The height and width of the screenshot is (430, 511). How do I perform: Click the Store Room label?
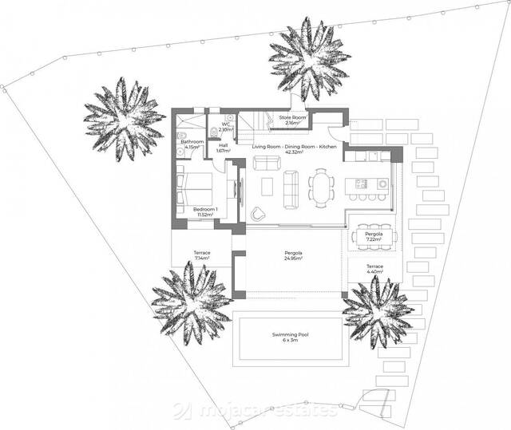coord(288,120)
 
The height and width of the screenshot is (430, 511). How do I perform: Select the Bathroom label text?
coord(192,144)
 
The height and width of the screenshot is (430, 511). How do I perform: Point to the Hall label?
coord(223,148)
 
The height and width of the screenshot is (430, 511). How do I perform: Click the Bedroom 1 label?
coord(205,212)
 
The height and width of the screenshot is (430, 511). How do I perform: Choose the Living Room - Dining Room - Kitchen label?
coord(294,150)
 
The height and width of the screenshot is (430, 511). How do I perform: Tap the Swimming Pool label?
coord(294,337)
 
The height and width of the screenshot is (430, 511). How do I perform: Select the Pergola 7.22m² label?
coord(374,237)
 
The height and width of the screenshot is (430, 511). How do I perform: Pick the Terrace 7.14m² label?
coord(201,256)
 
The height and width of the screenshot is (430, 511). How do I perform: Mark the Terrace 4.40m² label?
coord(374,269)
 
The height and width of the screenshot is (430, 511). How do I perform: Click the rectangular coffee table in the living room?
coord(267,186)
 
